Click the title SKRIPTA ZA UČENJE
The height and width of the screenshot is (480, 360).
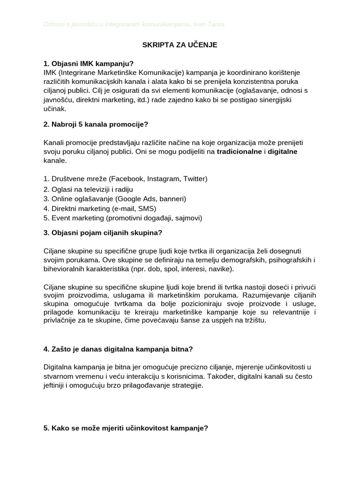pos(180,45)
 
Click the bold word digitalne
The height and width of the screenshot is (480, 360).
pos(283,151)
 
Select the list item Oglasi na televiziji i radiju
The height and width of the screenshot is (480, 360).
pos(88,189)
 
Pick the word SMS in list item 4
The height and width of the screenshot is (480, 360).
pos(145,208)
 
